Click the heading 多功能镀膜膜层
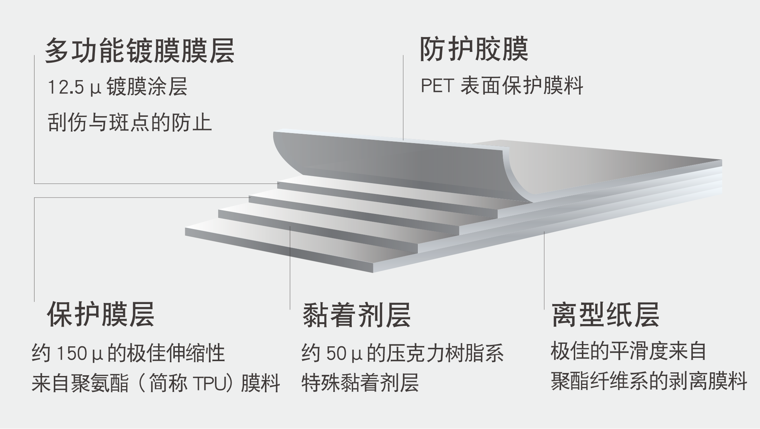140,51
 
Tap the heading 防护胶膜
474,49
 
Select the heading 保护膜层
101,314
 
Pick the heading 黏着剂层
357,315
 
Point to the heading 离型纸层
606,314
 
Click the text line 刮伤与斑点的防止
130,123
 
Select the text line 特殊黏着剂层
360,383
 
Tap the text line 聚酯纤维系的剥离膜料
649,382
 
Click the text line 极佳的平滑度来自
628,352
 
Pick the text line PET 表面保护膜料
502,86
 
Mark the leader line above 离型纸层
544,270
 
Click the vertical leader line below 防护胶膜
403,98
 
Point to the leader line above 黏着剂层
290,268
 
